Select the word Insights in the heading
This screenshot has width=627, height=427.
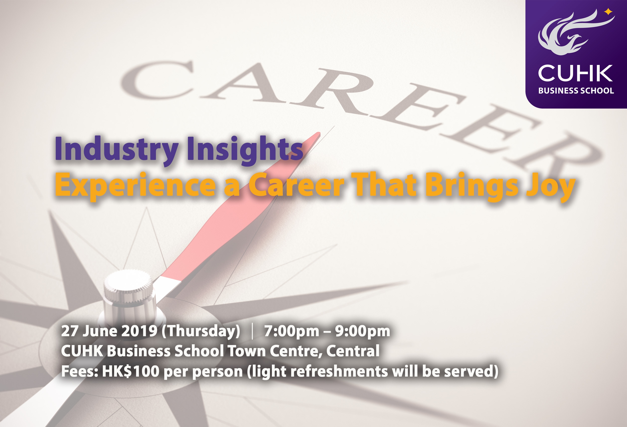point(245,149)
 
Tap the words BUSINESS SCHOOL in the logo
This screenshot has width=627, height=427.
point(576,91)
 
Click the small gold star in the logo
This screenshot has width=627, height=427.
point(608,12)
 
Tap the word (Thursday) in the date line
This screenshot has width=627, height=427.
point(201,332)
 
